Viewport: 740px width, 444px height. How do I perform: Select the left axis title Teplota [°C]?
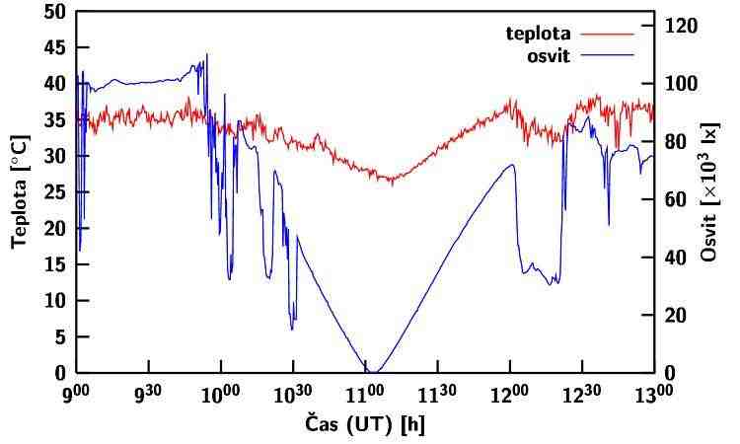[x=18, y=192]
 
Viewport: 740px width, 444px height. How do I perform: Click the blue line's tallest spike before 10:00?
[x=207, y=55]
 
